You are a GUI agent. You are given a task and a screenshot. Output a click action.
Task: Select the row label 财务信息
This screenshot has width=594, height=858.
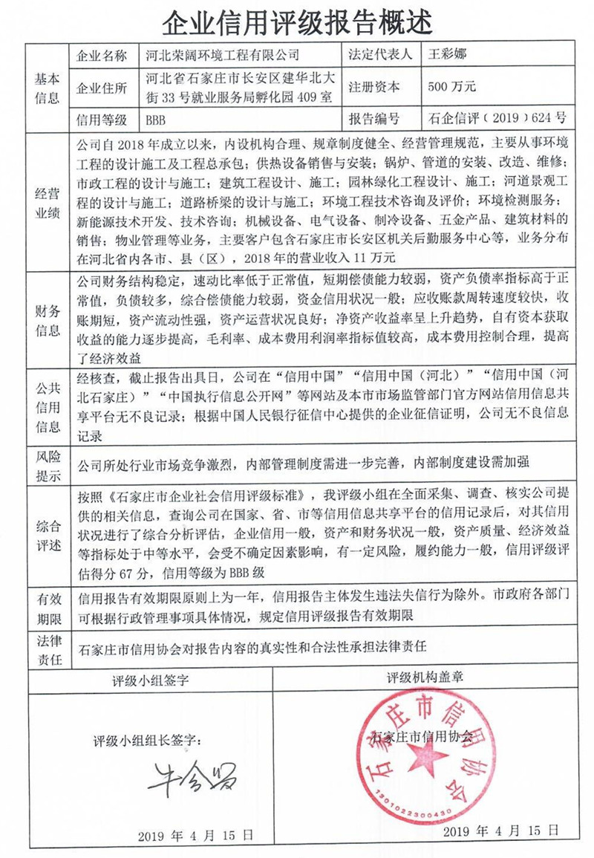48,320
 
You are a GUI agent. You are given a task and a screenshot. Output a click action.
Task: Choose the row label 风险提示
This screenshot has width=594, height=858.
48,462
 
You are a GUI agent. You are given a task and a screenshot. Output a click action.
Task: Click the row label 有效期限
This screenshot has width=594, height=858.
48,608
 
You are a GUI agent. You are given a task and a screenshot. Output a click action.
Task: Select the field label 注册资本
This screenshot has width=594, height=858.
374,87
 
